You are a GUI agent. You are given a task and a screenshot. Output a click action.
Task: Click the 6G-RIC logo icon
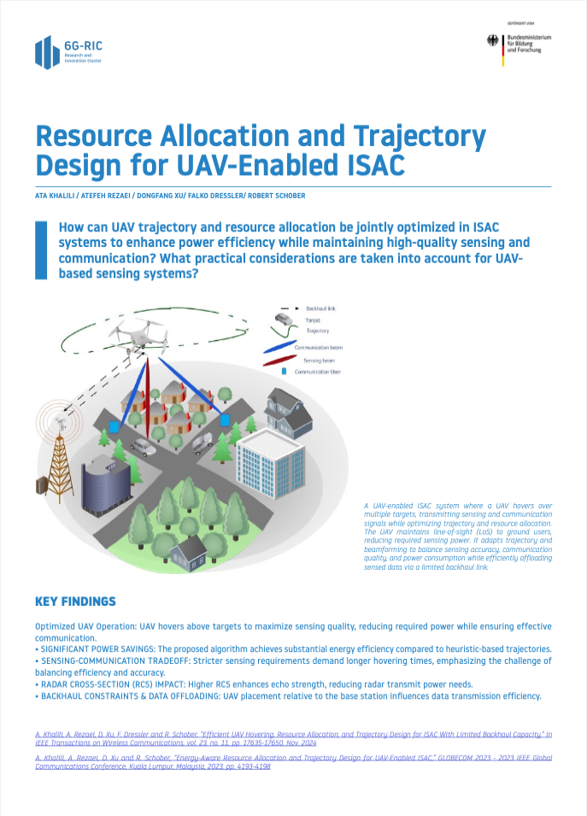[x=47, y=53]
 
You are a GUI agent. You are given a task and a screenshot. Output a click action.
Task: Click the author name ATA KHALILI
[x=54, y=196]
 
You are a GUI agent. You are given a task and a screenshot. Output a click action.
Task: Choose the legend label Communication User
[x=318, y=373]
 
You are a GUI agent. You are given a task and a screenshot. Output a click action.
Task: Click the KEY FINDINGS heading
[x=75, y=602]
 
